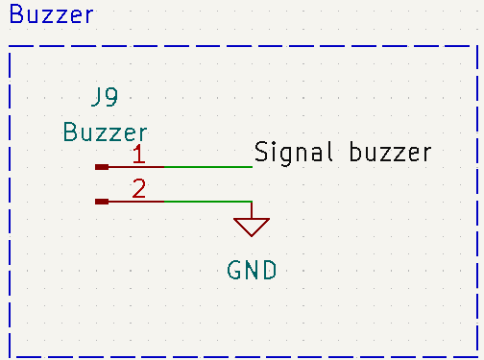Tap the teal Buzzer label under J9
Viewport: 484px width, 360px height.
pos(105,132)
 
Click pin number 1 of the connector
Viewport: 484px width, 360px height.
pos(139,154)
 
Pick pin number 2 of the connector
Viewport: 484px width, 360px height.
pos(139,188)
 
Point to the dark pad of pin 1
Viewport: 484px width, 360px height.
pos(102,167)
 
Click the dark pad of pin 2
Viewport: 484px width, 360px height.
pos(102,202)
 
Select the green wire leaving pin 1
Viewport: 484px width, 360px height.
pos(207,167)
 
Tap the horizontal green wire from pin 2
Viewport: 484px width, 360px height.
pos(207,202)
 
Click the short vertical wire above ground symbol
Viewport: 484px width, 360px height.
pos(252,210)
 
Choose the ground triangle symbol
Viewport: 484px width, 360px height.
pos(252,227)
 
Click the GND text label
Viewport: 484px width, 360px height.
pos(252,271)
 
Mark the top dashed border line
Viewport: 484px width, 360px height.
pos(240,45)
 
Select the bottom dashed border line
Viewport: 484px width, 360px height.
pos(240,355)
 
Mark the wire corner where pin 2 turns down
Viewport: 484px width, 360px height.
pos(252,202)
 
